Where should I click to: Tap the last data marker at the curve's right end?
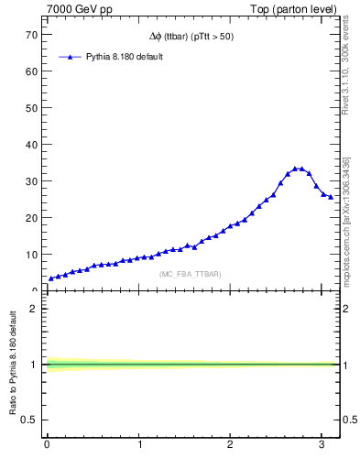click(331, 197)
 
